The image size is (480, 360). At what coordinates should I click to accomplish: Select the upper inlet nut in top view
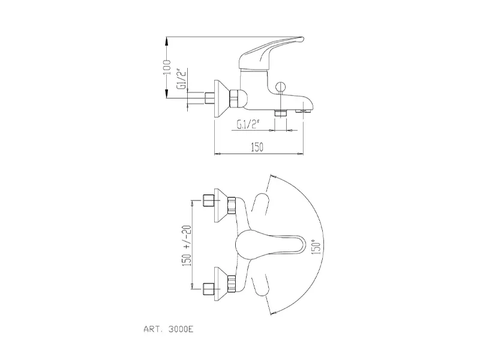209,201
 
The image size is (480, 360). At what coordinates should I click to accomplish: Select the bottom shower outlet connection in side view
279,112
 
